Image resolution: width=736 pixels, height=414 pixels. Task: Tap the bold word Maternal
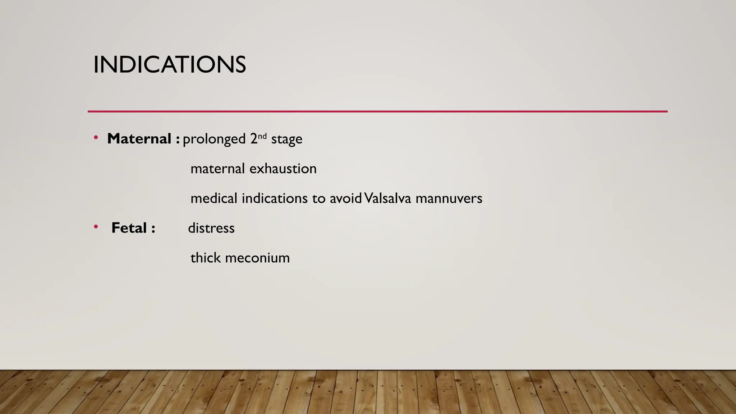click(x=139, y=139)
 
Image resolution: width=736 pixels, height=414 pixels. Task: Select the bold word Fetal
click(x=129, y=228)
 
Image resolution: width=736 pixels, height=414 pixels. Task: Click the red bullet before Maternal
click(x=96, y=138)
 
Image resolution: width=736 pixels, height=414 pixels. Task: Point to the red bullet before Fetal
click(x=96, y=227)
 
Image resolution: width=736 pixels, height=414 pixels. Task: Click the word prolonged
click(x=214, y=139)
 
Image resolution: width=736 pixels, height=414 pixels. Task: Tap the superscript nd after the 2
click(x=262, y=136)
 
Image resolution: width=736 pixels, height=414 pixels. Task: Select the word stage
click(x=286, y=139)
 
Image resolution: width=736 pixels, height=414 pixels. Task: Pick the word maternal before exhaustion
click(x=217, y=169)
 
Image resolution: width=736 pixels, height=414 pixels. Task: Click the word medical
click(x=214, y=198)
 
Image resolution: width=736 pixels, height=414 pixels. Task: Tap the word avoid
click(x=345, y=198)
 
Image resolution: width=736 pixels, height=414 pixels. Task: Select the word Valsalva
click(x=387, y=198)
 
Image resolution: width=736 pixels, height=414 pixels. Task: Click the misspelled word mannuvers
click(x=449, y=198)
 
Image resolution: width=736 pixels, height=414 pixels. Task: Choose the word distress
click(x=211, y=228)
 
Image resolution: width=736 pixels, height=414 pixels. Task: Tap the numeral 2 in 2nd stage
click(x=254, y=139)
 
